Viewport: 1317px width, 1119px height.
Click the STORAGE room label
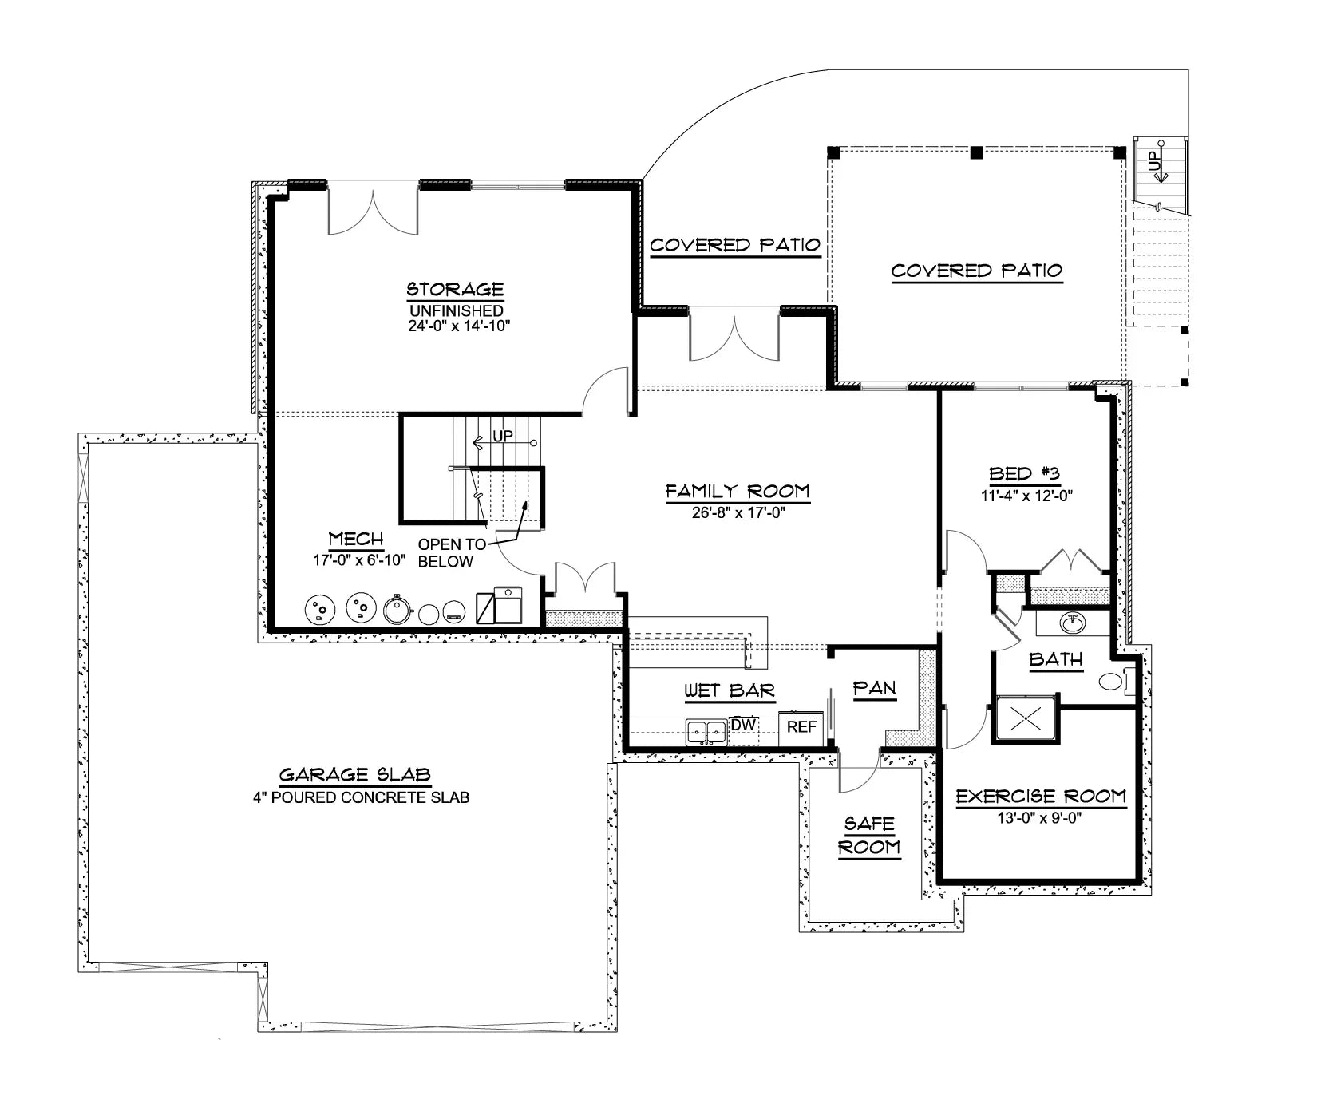click(455, 289)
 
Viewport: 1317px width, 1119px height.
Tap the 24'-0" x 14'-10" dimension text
click(456, 326)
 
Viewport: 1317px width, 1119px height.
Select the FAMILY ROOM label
click(738, 491)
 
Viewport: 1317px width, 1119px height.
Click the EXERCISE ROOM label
click(1041, 796)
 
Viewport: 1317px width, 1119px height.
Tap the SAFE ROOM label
click(869, 835)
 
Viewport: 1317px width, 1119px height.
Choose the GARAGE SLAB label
click(355, 774)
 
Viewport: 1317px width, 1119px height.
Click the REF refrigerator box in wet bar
click(801, 726)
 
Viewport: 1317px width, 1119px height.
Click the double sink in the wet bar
click(706, 731)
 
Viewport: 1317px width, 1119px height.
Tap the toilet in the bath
click(1112, 682)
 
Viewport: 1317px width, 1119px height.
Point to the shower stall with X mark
click(1026, 719)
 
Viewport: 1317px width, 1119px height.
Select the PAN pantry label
click(874, 688)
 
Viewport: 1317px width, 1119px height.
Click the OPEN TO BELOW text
click(451, 553)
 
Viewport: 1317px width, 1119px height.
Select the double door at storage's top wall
click(373, 209)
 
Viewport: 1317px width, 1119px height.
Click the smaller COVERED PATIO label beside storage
click(734, 245)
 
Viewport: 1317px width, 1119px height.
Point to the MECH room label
click(356, 540)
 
